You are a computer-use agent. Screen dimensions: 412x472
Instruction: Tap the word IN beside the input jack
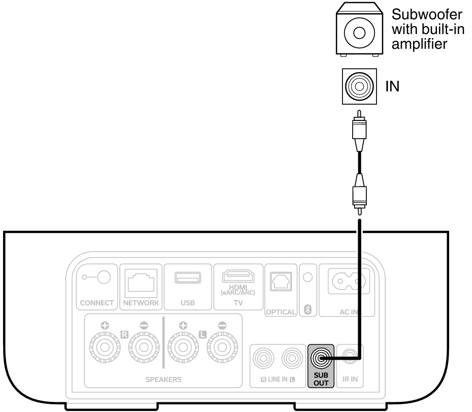click(x=391, y=86)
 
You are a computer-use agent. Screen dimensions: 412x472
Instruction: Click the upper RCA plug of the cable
click(x=359, y=133)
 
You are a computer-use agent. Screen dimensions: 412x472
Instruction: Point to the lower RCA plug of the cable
click(x=359, y=196)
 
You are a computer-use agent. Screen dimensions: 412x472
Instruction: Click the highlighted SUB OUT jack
click(x=320, y=358)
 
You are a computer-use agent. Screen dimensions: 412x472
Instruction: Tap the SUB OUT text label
click(x=321, y=379)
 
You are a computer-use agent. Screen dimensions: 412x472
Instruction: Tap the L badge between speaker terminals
click(x=203, y=335)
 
